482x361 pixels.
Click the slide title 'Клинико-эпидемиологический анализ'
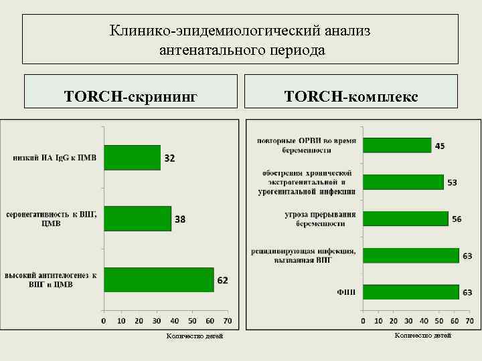[240, 31]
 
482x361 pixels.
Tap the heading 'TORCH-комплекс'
[351, 96]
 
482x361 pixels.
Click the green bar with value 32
[132, 158]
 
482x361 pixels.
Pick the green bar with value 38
[137, 219]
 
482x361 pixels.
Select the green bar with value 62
[158, 279]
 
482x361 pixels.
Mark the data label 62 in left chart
[222, 280]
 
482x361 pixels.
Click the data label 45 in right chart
[440, 146]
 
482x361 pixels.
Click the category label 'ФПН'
[346, 292]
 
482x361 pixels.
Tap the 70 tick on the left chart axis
[228, 321]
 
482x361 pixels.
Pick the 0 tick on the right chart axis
[363, 321]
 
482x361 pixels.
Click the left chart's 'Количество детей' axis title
[195, 336]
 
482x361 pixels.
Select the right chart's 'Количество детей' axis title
[423, 335]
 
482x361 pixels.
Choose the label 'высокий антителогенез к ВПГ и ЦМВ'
[52, 279]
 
